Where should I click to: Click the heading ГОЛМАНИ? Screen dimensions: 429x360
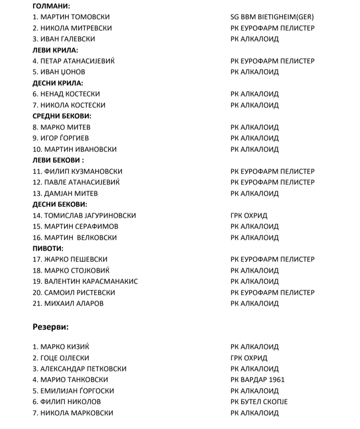pyautogui.click(x=51, y=6)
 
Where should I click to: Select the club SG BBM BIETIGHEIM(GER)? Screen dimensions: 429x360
pyautogui.click(x=272, y=17)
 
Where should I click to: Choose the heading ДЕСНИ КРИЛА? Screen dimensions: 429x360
pyautogui.click(x=58, y=83)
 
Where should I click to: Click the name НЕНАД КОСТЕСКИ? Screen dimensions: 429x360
pyautogui.click(x=70, y=94)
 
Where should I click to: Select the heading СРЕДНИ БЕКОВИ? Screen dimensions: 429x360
pyautogui.click(x=62, y=116)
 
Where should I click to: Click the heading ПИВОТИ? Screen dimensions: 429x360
pyautogui.click(x=48, y=248)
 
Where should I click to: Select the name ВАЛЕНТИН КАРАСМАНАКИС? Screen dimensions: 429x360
pyautogui.click(x=91, y=281)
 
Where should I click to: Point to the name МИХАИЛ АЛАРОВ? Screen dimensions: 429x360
pyautogui.click(x=74, y=303)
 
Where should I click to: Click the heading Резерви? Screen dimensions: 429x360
pyautogui.click(x=51, y=326)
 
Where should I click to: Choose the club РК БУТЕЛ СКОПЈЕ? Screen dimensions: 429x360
pyautogui.click(x=259, y=402)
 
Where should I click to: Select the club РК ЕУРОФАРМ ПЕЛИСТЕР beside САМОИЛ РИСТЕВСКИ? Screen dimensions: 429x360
pyautogui.click(x=272, y=292)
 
